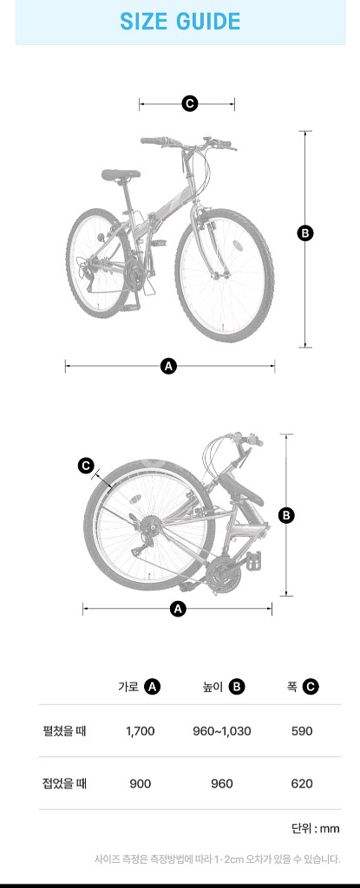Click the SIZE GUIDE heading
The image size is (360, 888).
point(180,22)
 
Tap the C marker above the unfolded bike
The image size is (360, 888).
point(189,103)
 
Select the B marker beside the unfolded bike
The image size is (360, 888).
point(305,232)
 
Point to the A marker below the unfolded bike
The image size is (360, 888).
point(168,366)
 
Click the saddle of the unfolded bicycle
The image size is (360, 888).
point(121,174)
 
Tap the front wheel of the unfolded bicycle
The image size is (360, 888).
point(224,275)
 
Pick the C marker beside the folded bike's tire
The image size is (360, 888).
point(86,466)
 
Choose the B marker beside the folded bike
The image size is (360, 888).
point(286,515)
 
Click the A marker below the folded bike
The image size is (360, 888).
point(178,610)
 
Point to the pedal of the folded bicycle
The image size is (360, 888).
point(254,560)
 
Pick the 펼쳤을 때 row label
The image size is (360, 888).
point(63,730)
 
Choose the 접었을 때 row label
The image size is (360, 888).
point(63,784)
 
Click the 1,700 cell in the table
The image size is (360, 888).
point(140,731)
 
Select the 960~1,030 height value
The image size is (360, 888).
point(222,731)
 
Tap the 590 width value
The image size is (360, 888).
point(302,731)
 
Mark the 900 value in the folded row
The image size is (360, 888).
point(140,784)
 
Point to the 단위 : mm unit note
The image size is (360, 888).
point(316,828)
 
